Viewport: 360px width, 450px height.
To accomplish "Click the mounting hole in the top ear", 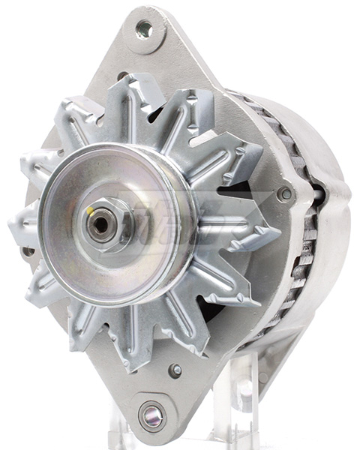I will pos(144,30).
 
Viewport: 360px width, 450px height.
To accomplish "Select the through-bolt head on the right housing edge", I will pos(284,193).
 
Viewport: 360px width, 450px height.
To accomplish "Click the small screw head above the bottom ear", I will pos(175,370).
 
